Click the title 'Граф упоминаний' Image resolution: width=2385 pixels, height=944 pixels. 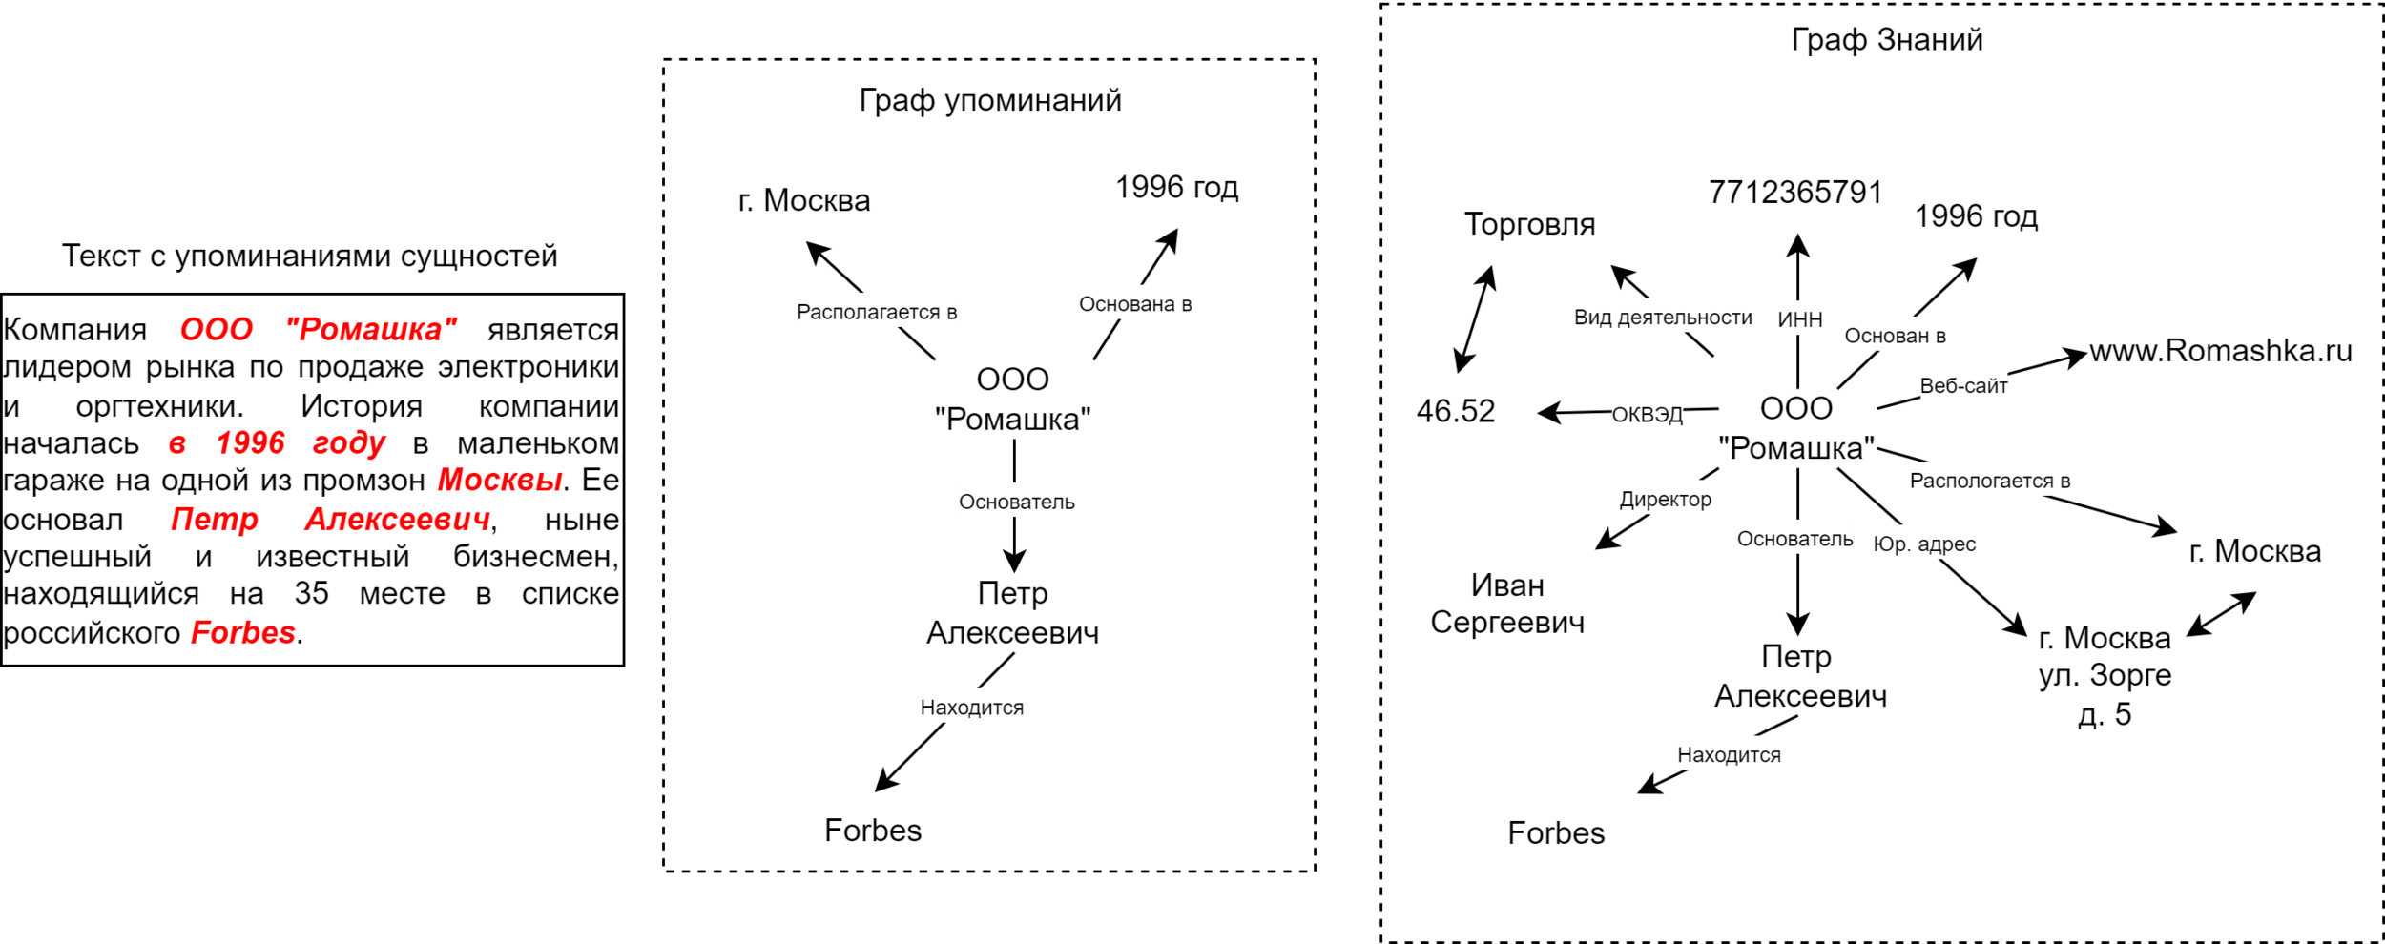coord(989,100)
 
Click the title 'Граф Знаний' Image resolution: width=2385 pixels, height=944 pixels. coord(1886,40)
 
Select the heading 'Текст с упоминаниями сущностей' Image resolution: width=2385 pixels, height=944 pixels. coord(309,256)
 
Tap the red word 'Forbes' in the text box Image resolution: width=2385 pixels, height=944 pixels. coord(242,632)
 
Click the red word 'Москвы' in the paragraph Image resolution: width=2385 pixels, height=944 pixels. coord(499,480)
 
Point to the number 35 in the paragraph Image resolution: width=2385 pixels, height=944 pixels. coord(311,593)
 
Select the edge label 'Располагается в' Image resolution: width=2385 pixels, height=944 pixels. coord(877,312)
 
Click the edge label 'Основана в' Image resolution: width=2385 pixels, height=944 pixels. coord(1135,303)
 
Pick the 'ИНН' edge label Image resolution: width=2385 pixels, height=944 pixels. coord(1799,320)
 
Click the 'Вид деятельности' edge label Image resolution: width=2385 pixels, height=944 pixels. coord(1663,318)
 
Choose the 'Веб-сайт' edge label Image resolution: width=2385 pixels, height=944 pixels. coord(1963,385)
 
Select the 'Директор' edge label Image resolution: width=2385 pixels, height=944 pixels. coord(1665,499)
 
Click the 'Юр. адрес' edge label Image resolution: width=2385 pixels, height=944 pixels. coord(1923,544)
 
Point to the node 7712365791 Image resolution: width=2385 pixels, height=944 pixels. coord(1794,193)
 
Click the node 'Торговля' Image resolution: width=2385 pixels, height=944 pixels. coord(1529,224)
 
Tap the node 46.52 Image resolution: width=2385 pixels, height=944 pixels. coord(1455,411)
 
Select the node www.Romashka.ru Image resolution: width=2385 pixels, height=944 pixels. coord(2221,351)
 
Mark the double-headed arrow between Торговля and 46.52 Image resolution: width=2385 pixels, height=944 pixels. coord(1475,319)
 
